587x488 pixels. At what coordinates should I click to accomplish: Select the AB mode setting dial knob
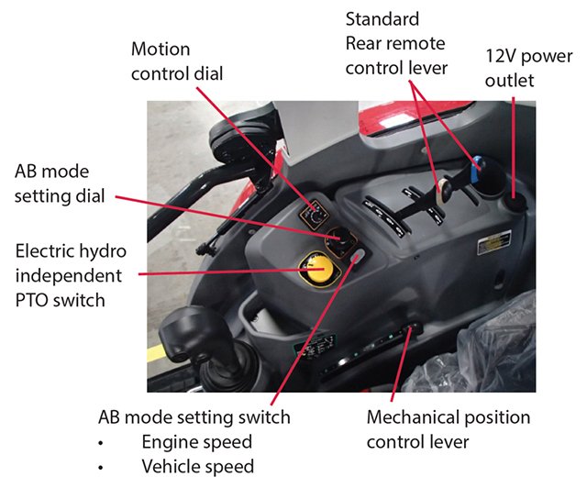342,241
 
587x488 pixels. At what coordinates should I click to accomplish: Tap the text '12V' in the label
504,57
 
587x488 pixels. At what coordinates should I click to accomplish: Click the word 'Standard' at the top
382,19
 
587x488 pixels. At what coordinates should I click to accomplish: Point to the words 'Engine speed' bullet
197,442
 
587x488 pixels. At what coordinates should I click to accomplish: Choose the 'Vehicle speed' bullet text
197,466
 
